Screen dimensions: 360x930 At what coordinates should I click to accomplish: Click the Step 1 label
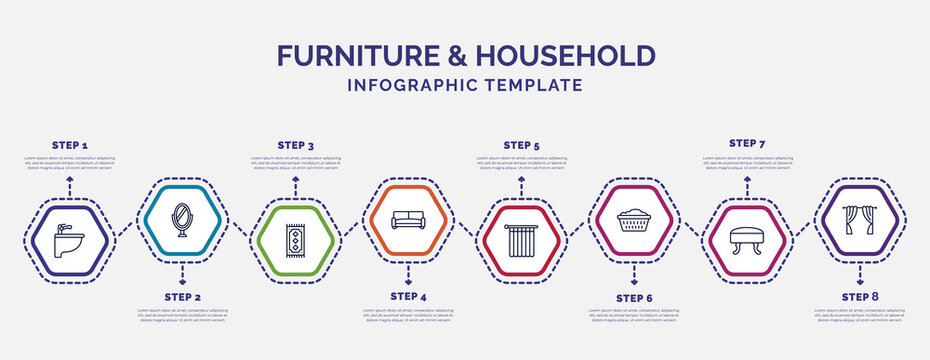click(69, 145)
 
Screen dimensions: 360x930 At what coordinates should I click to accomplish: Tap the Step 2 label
click(182, 298)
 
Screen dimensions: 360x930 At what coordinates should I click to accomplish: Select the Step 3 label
click(295, 145)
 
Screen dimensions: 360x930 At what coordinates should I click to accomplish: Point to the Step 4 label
click(408, 297)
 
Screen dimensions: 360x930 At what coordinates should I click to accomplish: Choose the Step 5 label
click(521, 145)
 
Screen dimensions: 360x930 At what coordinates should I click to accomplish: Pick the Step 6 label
click(634, 298)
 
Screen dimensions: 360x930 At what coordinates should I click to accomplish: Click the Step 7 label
click(747, 143)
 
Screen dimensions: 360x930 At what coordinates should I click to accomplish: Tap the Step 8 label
click(860, 297)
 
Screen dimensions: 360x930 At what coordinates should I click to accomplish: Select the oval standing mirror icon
click(182, 220)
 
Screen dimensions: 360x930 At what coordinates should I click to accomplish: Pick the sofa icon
click(408, 220)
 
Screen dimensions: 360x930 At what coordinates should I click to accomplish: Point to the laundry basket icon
click(634, 220)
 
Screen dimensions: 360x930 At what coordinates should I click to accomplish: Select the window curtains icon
click(860, 220)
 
